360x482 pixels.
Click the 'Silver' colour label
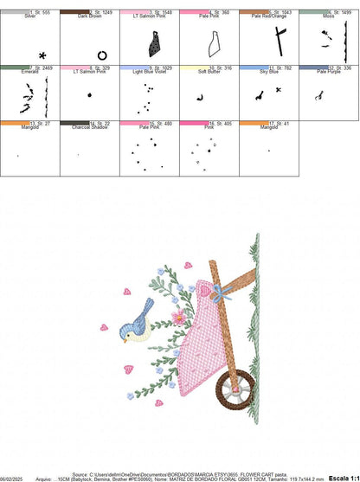coord(30,16)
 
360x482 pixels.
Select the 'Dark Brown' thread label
coord(90,16)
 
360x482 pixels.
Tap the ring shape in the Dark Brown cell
coord(102,55)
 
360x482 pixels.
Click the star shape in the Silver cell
coord(42,55)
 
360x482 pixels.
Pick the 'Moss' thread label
coord(328,16)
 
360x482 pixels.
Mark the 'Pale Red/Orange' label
coord(267,16)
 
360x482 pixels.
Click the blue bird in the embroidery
coord(139,320)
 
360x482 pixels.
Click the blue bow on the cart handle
coord(222,293)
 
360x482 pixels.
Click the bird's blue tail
coord(147,306)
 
